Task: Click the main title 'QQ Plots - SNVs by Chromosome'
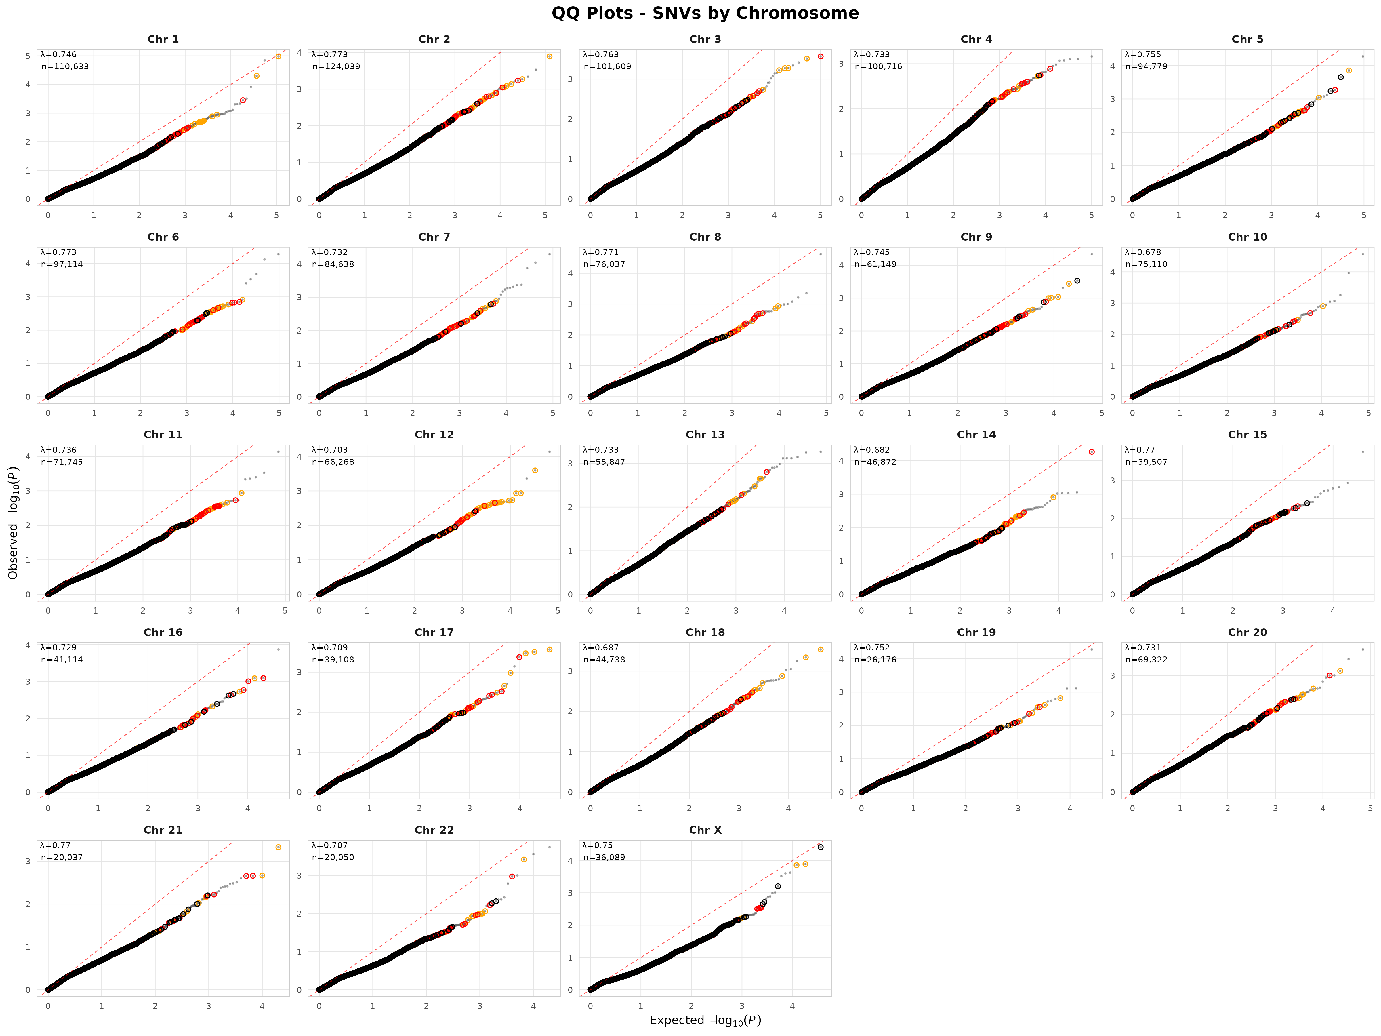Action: click(705, 13)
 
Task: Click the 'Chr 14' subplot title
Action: click(976, 435)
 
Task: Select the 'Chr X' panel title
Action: click(705, 830)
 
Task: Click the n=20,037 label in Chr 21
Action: click(62, 857)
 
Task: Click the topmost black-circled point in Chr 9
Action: click(1077, 281)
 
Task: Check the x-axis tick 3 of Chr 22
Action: click(480, 1006)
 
